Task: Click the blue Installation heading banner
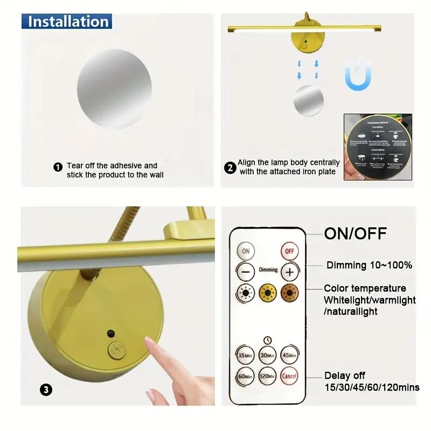tap(67, 22)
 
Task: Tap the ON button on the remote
tap(246, 251)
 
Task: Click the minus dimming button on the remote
tap(246, 272)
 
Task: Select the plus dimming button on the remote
tap(289, 272)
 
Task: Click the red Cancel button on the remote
tap(289, 376)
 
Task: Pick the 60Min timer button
tap(246, 376)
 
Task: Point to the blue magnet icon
tap(358, 75)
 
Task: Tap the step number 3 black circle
tap(47, 390)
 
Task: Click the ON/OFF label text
tap(356, 234)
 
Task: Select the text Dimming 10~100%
tap(369, 265)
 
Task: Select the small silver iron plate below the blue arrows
tap(308, 101)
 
